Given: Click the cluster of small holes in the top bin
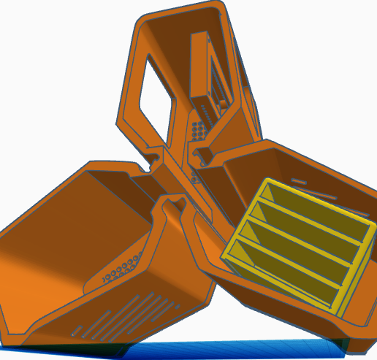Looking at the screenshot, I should [197, 131].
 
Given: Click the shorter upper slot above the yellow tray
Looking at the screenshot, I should [298, 180].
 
